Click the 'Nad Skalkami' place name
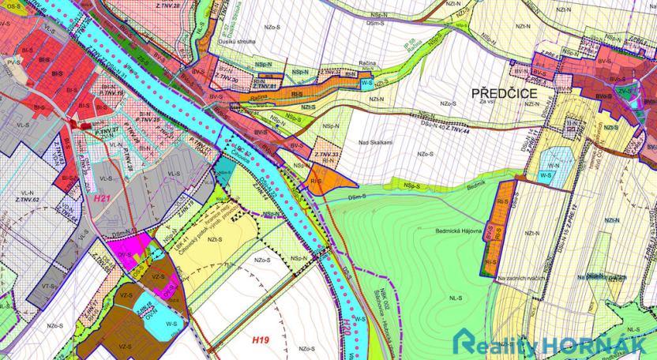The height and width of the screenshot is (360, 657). [x=376, y=143]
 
